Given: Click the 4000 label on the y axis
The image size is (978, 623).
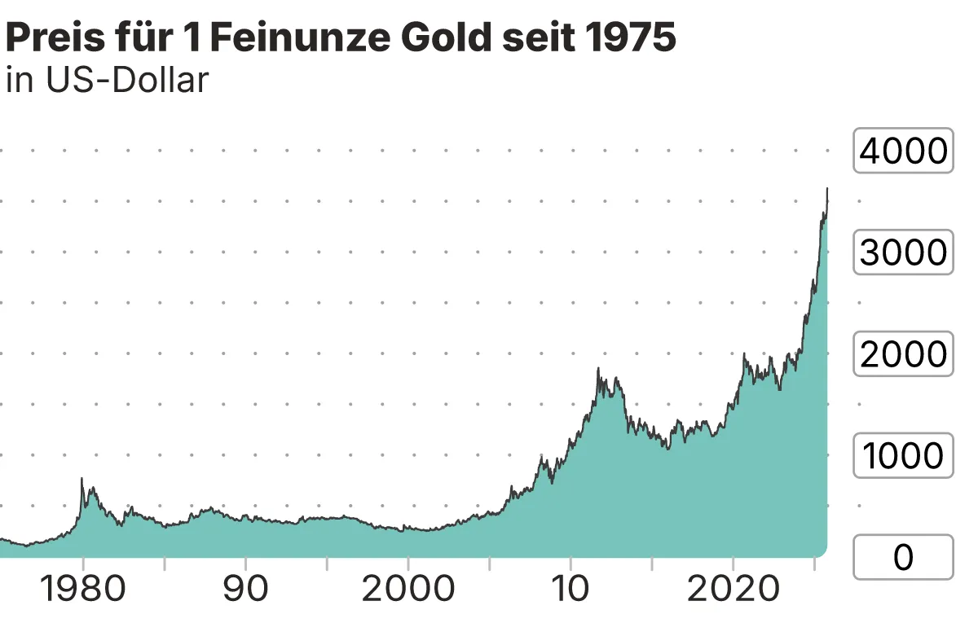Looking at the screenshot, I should click(903, 151).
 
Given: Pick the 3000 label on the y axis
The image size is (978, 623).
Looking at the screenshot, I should click(903, 252).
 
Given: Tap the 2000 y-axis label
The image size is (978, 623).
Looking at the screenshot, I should click(903, 354).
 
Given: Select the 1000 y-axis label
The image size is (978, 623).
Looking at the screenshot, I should click(903, 456).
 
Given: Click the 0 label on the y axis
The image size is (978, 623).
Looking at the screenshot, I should click(903, 558).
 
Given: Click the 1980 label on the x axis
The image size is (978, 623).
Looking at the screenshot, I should click(82, 590).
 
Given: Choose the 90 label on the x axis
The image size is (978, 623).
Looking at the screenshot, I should click(245, 590).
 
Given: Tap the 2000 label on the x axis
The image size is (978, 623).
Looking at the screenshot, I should click(407, 590).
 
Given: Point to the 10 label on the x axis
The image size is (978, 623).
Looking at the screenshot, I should click(570, 590).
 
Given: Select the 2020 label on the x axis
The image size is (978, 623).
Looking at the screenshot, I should click(733, 590).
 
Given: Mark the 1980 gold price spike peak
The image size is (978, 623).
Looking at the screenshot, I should click(81, 479).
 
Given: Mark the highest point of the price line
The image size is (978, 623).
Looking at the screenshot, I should click(827, 188).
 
